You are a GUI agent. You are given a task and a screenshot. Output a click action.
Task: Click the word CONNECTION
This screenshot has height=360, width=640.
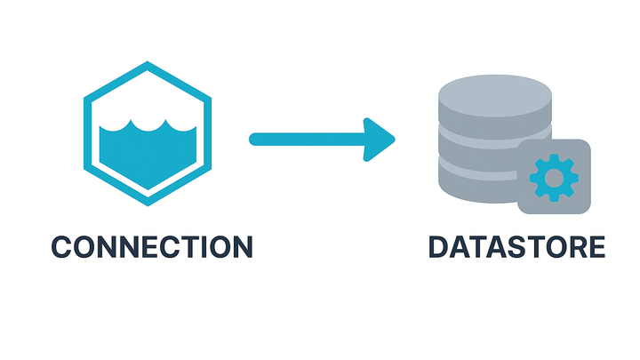click(151, 246)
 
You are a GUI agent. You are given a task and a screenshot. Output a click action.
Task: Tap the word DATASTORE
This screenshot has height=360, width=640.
click(516, 246)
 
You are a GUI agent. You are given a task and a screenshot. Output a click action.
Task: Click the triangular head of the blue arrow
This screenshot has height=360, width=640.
click(379, 139)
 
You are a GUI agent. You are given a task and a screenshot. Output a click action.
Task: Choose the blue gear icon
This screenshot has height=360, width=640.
click(554, 177)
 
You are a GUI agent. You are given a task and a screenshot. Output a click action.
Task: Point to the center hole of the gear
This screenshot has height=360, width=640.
click(554, 177)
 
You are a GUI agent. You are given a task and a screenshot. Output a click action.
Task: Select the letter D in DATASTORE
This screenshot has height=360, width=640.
click(438, 246)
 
